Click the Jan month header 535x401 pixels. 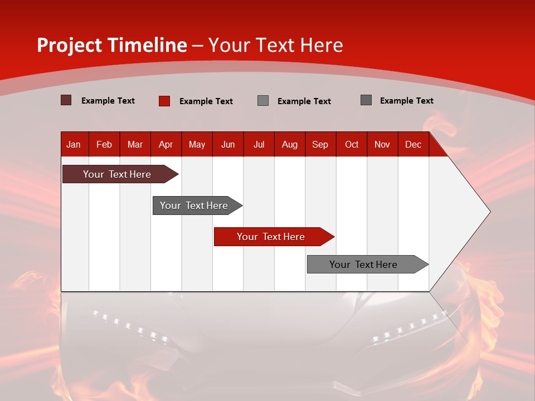[x=74, y=144]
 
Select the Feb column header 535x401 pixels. [x=104, y=144]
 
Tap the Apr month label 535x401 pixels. [x=166, y=144]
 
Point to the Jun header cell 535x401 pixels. [x=228, y=144]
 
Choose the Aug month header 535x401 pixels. [x=289, y=144]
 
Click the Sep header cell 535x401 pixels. [x=320, y=144]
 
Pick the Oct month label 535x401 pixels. [x=352, y=144]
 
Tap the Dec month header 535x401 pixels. [x=413, y=144]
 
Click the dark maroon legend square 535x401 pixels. [x=66, y=100]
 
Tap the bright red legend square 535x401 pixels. [x=164, y=101]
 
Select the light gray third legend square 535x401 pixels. [x=263, y=101]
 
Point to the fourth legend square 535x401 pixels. [x=366, y=100]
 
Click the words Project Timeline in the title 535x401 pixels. [x=111, y=45]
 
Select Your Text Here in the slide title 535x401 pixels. [x=275, y=45]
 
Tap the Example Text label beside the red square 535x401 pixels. [x=206, y=101]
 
